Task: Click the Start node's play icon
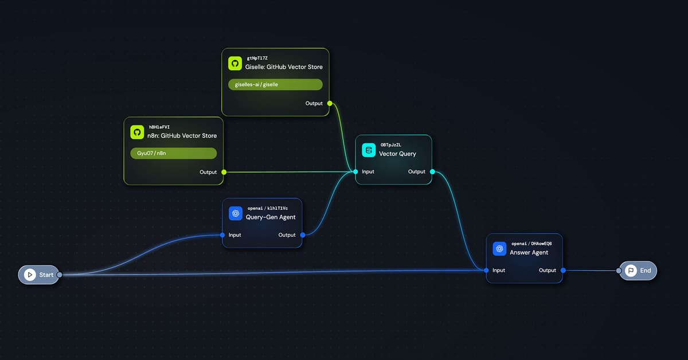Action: pyautogui.click(x=29, y=275)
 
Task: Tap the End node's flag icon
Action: pyautogui.click(x=631, y=270)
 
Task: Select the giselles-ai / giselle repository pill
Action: pyautogui.click(x=275, y=85)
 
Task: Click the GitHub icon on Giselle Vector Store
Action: pyautogui.click(x=234, y=63)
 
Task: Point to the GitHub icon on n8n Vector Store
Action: pyautogui.click(x=136, y=132)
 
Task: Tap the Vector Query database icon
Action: pyautogui.click(x=369, y=150)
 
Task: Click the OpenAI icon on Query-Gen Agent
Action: pyautogui.click(x=234, y=213)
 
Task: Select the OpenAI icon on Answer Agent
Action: pyautogui.click(x=499, y=248)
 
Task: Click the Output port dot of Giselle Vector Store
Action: pyautogui.click(x=329, y=103)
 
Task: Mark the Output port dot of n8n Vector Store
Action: pyautogui.click(x=224, y=172)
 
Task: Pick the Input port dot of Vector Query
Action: pyautogui.click(x=355, y=171)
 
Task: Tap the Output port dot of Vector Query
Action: pyautogui.click(x=432, y=171)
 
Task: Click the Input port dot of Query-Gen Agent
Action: pyautogui.click(x=222, y=234)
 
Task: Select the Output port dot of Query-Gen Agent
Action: pyautogui.click(x=302, y=234)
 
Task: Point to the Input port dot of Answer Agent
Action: pyautogui.click(x=486, y=270)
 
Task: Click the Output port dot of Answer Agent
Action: pyautogui.click(x=562, y=270)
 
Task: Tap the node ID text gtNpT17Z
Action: pyautogui.click(x=258, y=58)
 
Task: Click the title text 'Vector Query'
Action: pyautogui.click(x=397, y=154)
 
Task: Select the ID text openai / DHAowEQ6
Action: pyautogui.click(x=531, y=244)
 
